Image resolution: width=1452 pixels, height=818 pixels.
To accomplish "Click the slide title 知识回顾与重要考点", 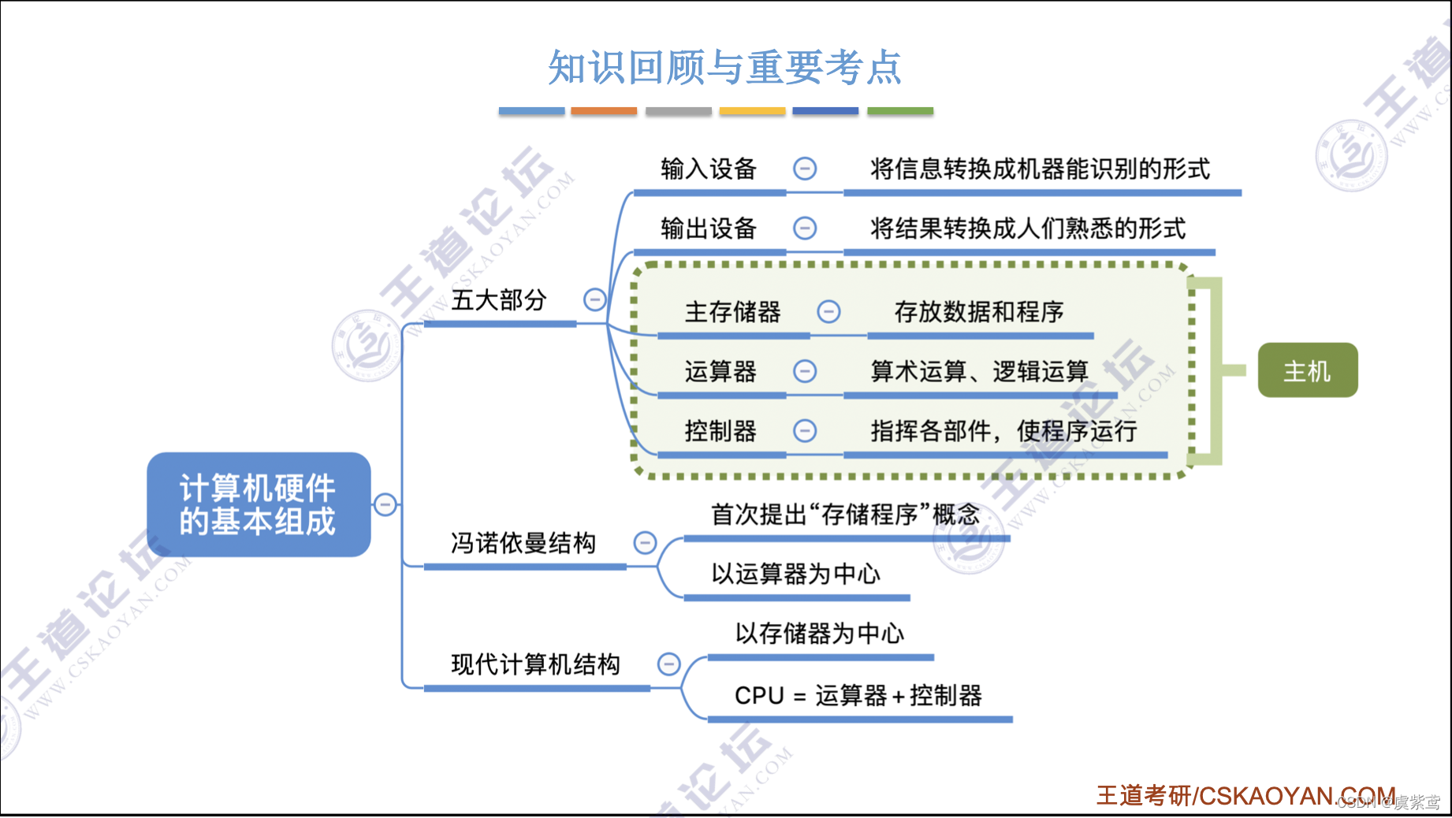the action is click(x=724, y=67).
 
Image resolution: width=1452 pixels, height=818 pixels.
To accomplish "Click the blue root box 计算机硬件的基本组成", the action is click(x=259, y=504).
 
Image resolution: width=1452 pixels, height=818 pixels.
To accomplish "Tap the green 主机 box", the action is click(x=1307, y=370).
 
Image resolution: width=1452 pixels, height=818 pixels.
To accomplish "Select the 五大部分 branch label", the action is click(x=499, y=300).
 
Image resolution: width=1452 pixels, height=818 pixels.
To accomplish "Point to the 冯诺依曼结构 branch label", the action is click(x=523, y=543).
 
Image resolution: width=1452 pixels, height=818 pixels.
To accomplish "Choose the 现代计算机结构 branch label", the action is click(x=535, y=664).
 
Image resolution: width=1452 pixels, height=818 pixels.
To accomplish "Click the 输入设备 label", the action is click(x=709, y=169).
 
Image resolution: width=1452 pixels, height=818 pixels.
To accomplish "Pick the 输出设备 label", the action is click(x=709, y=229).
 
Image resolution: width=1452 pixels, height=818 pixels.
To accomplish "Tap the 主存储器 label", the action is click(x=732, y=312).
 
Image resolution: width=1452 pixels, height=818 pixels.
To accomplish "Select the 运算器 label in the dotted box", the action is click(x=720, y=371).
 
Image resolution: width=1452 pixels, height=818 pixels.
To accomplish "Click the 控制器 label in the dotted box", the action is click(x=720, y=431).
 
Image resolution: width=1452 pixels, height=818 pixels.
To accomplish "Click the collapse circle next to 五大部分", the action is click(x=594, y=299).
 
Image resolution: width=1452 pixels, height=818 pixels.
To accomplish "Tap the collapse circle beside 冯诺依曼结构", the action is click(x=645, y=542).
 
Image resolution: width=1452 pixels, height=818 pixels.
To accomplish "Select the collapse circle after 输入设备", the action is click(x=804, y=169).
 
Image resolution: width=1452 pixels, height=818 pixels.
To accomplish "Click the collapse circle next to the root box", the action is click(x=385, y=504).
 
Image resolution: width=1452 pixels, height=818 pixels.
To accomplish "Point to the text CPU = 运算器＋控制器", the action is click(x=858, y=696).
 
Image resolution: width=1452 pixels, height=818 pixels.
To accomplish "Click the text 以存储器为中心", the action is click(x=819, y=633).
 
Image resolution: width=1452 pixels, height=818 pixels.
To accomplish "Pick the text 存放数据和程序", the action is click(x=978, y=312).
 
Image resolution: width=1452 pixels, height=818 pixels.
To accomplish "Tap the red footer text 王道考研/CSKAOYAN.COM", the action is click(x=1245, y=796).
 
